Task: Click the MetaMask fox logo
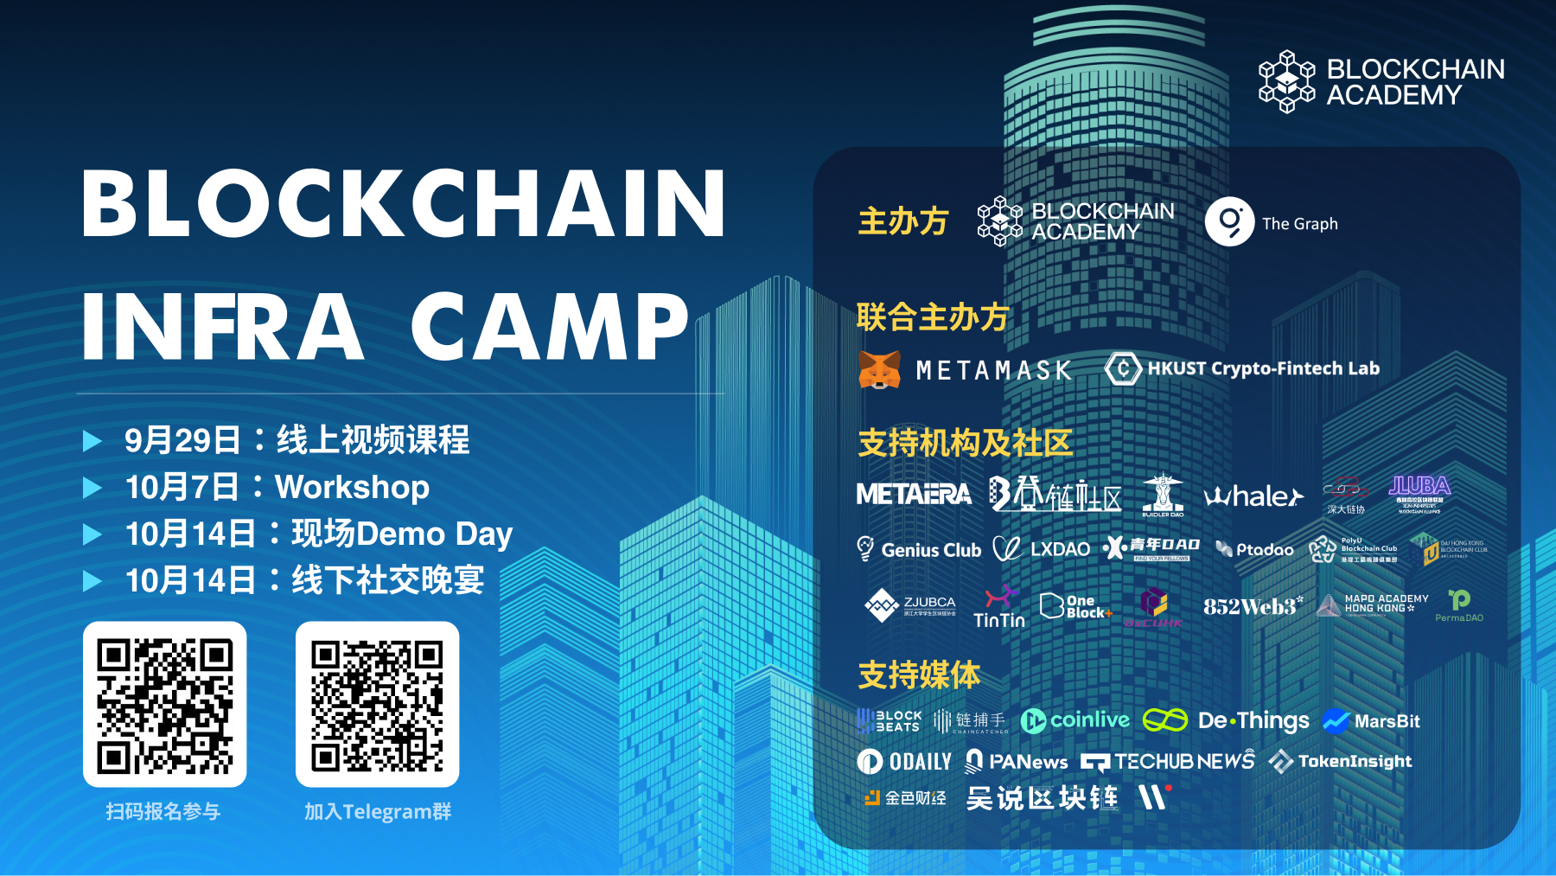pos(879,370)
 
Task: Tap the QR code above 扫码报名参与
pos(164,705)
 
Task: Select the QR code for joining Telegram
pos(377,705)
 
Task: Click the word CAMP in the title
pos(550,326)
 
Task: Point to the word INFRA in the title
pos(222,326)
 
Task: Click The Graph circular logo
pos(1229,222)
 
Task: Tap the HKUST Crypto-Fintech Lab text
pos(1263,368)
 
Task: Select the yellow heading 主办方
pos(902,221)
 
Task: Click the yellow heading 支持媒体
pos(919,675)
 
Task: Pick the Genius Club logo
pos(919,549)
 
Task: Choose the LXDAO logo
pos(1042,549)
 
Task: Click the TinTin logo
pos(999,607)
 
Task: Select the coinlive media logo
pos(1075,720)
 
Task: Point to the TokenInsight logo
pos(1341,761)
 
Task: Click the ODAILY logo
pos(904,761)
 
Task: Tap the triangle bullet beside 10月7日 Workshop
pos(92,488)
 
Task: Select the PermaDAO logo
pos(1459,605)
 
